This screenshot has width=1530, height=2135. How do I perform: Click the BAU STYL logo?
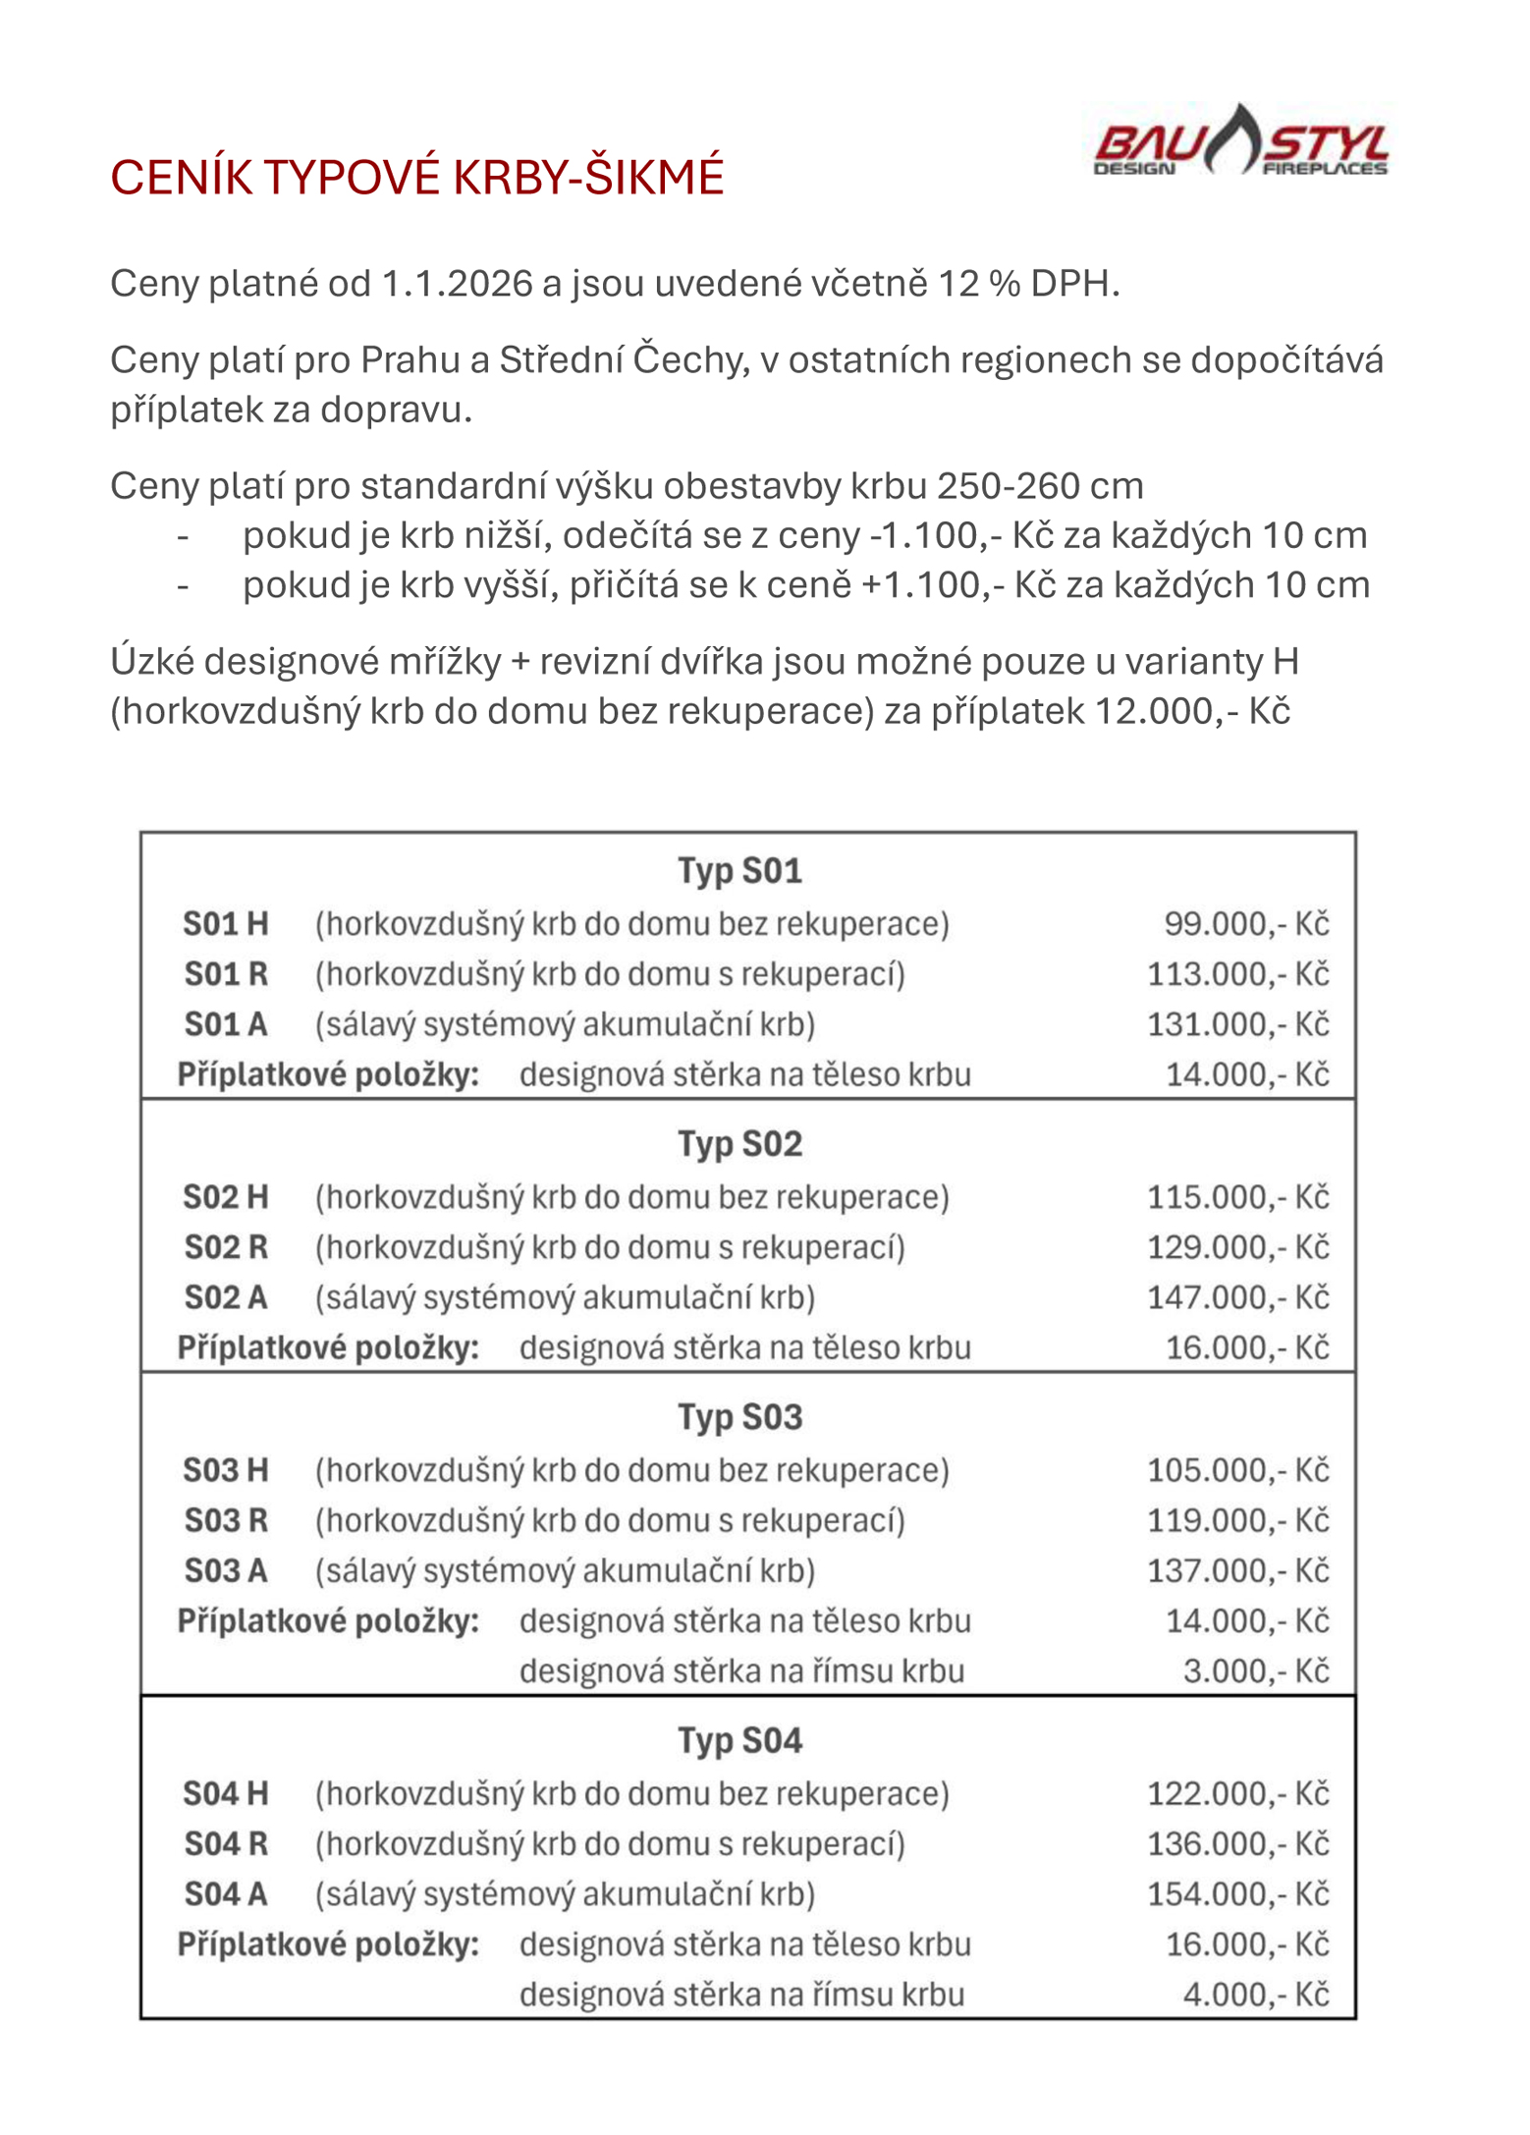tap(1240, 143)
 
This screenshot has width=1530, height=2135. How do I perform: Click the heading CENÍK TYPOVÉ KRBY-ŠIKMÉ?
tap(416, 178)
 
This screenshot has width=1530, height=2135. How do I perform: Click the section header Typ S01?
tap(739, 871)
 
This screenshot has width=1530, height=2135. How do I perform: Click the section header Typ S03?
tap(739, 1417)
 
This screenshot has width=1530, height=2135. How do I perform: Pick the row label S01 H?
tap(225, 924)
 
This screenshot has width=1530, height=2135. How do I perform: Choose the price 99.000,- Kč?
tap(1245, 924)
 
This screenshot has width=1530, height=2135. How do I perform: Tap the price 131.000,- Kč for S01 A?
tap(1237, 1024)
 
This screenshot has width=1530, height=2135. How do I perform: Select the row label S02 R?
tap(225, 1247)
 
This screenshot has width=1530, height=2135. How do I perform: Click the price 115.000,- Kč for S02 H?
tap(1237, 1197)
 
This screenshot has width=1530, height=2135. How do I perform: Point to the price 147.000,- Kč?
tap(1237, 1297)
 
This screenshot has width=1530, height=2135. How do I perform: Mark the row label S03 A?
tap(225, 1570)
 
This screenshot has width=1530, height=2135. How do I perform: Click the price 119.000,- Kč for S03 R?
tap(1237, 1520)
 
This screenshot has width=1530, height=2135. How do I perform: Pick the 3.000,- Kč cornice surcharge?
tap(1255, 1670)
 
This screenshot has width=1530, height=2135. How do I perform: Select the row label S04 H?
tap(225, 1794)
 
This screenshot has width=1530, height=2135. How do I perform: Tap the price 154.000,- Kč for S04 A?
tap(1237, 1894)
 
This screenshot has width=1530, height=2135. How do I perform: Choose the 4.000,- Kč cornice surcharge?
tap(1255, 1995)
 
